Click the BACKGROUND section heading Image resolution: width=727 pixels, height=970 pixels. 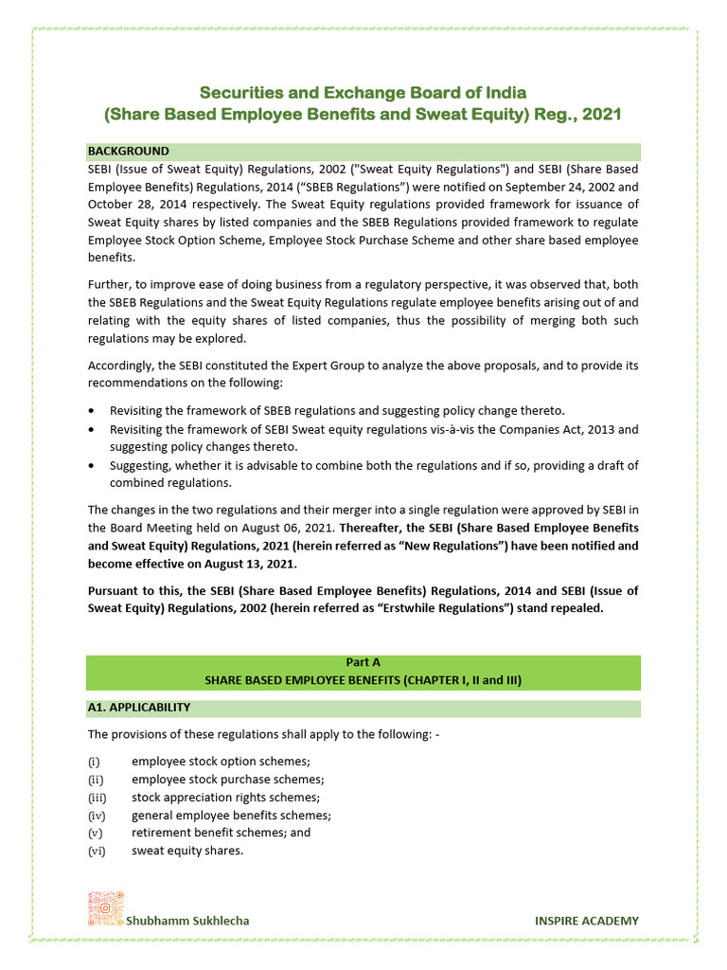(129, 151)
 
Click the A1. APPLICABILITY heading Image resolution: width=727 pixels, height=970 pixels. (139, 707)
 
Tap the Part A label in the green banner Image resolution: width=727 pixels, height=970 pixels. (363, 663)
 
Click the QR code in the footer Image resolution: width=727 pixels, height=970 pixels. (106, 908)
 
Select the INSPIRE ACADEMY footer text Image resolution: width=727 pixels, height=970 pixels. (586, 920)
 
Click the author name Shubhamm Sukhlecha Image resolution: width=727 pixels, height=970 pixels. (188, 920)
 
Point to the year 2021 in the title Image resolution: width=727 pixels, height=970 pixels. (602, 115)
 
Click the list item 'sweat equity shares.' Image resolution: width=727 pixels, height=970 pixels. (187, 851)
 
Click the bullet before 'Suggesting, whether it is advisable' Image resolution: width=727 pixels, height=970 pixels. (91, 465)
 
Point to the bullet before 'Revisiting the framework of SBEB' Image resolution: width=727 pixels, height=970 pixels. (91, 410)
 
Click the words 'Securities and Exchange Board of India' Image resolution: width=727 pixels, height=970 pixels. (363, 93)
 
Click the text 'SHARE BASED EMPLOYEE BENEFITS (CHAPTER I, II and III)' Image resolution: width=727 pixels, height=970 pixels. (363, 680)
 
